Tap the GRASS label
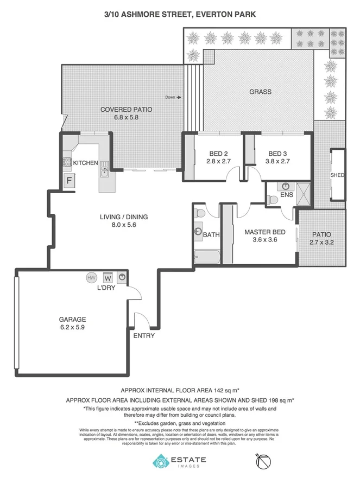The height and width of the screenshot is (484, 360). tap(260, 92)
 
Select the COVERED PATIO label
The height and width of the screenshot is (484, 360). tap(126, 109)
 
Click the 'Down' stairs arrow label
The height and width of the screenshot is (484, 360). tap(173, 98)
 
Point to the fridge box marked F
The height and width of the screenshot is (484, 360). tap(70, 181)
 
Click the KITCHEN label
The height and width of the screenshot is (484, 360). tap(85, 163)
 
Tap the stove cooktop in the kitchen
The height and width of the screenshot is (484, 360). tap(68, 162)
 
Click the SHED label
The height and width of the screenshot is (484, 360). tap(337, 175)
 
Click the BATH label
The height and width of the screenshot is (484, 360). tap(211, 235)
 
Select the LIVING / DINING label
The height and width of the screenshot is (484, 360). tap(123, 217)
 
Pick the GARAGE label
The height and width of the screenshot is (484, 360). tap(73, 320)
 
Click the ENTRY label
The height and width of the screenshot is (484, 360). tap(144, 335)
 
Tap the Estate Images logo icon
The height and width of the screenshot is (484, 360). tap(161, 462)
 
